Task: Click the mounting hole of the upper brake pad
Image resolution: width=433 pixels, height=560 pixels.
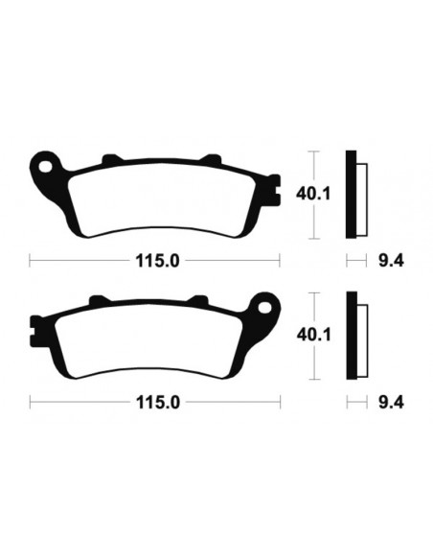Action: pos(44,171)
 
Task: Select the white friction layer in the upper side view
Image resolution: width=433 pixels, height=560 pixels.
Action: pos(361,197)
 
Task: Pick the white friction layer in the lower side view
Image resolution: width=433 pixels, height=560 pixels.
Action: pos(361,339)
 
